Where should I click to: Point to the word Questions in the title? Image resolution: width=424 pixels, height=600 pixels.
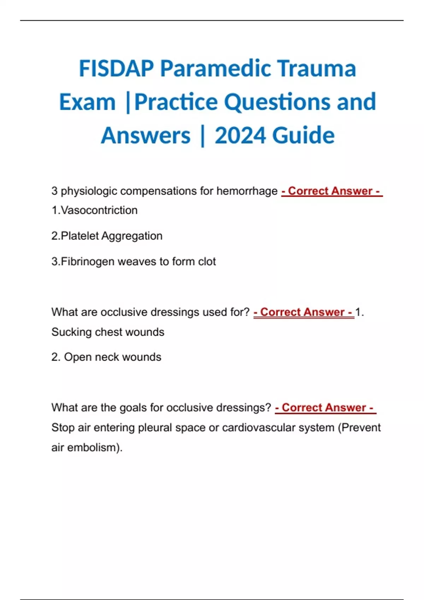(277, 102)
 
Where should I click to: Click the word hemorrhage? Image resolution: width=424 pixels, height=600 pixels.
(247, 191)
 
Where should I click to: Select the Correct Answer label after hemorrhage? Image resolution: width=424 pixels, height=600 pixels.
(332, 191)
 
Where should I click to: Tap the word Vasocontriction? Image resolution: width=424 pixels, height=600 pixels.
(99, 210)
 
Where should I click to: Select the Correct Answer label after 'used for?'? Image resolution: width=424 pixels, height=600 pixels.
(304, 312)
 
